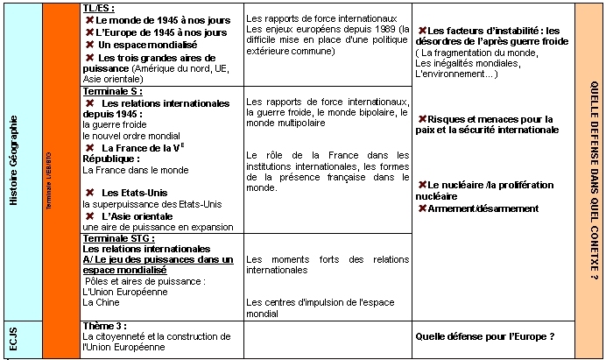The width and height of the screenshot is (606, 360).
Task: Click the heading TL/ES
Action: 97,8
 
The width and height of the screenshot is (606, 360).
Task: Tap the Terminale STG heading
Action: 118,237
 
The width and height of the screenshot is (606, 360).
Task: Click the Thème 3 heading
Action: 104,325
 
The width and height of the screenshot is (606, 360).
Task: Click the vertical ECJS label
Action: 13,340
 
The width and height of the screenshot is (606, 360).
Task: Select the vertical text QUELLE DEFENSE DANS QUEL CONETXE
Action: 591,180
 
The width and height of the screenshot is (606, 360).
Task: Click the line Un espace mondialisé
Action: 147,44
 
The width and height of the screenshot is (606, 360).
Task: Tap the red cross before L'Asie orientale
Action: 89,215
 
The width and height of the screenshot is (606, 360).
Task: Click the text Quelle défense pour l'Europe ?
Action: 483,336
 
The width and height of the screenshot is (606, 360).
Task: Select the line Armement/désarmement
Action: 483,208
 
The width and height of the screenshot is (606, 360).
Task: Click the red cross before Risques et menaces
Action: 423,118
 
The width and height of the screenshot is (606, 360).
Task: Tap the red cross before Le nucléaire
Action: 423,185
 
